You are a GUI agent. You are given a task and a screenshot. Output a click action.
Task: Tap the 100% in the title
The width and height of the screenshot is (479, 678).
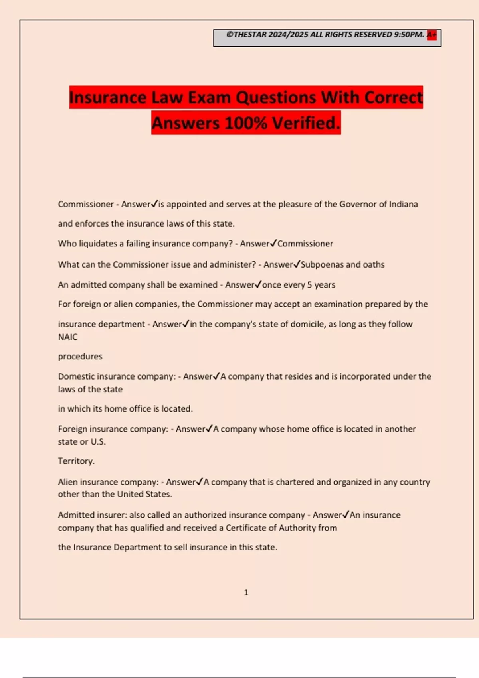(246, 123)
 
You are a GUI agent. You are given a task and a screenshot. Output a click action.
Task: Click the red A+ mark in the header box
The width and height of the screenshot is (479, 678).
(431, 35)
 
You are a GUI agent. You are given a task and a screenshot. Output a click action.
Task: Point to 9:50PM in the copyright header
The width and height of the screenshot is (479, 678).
(409, 35)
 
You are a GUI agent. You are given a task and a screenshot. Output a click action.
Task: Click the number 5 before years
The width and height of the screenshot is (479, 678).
(309, 285)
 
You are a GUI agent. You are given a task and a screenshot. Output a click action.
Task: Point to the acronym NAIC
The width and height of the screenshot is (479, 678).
(68, 337)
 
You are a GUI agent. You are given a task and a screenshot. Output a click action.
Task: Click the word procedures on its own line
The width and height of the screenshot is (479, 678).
(80, 357)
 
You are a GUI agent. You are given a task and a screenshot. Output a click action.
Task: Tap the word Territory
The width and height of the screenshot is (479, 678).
(76, 461)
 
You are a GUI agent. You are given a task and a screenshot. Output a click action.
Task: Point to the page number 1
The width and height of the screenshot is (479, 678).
(246, 593)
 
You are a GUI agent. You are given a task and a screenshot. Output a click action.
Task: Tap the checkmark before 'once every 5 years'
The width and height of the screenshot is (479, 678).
(258, 284)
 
